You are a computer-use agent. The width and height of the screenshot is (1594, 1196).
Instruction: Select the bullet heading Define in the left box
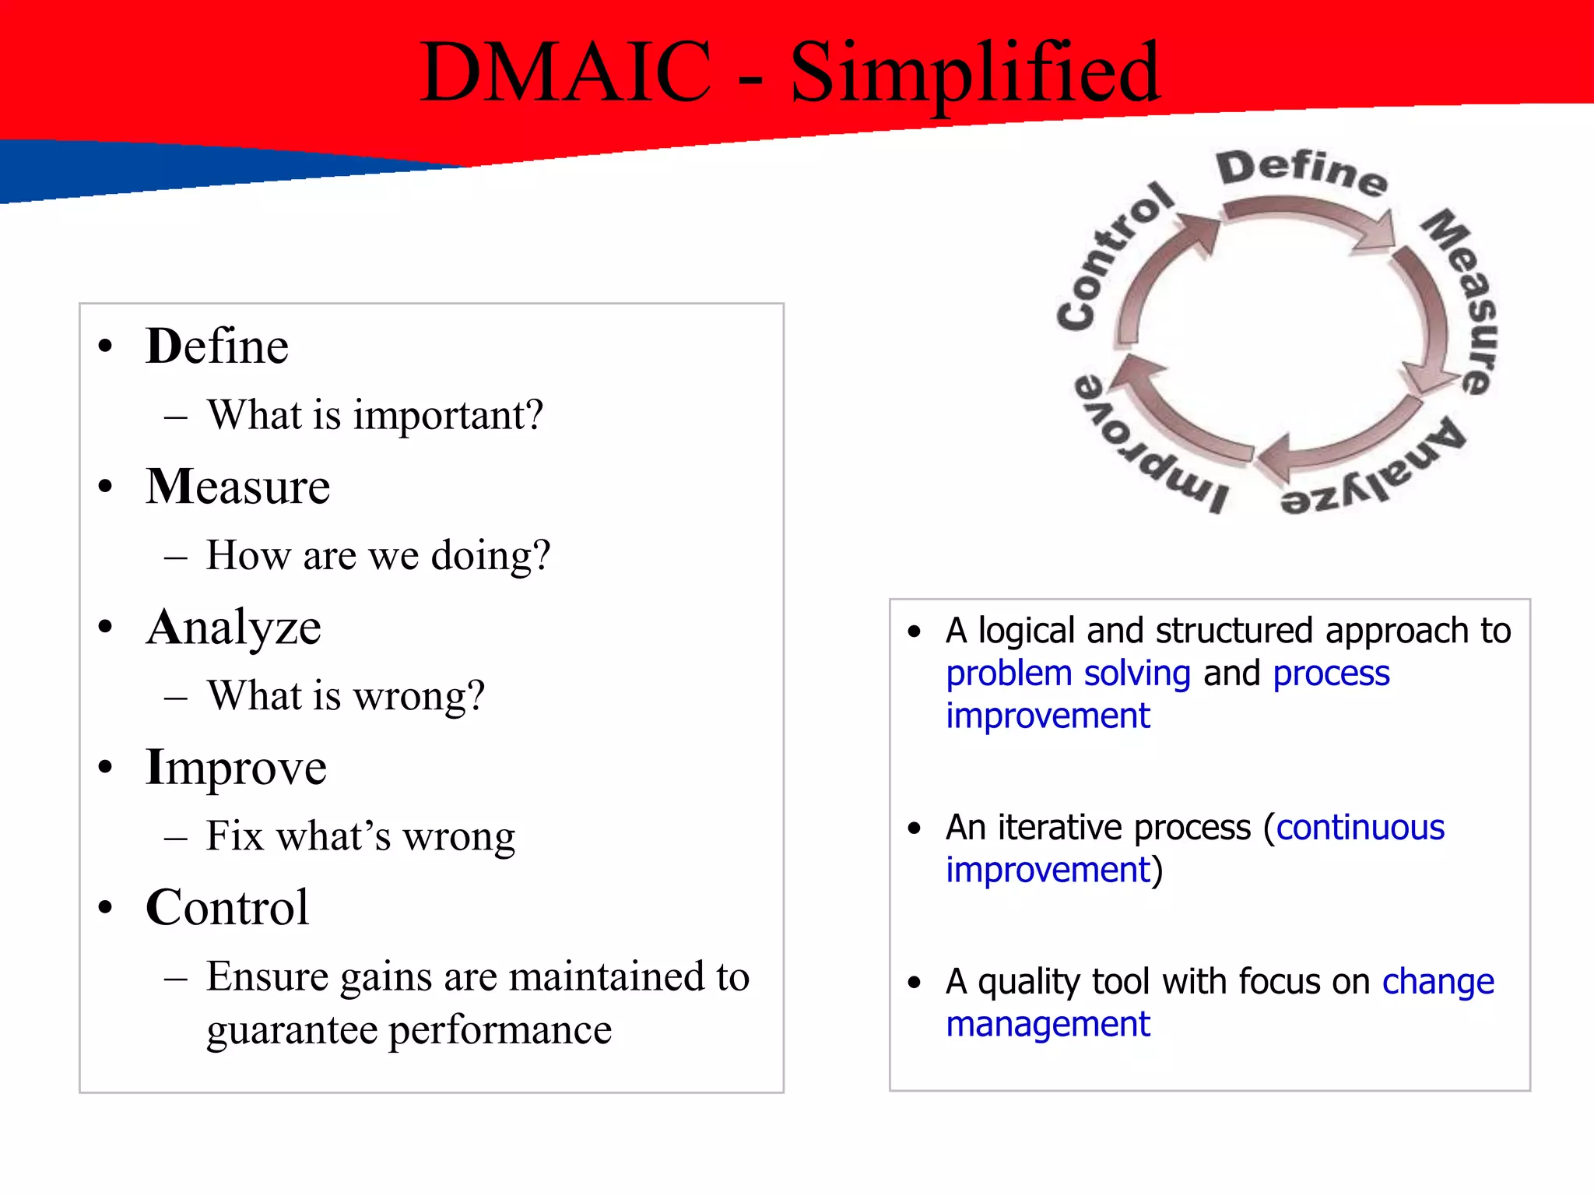point(217,346)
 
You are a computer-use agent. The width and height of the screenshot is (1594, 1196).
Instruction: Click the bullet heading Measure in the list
point(238,487)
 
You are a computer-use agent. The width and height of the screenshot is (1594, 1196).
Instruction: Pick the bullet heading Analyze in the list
point(233,628)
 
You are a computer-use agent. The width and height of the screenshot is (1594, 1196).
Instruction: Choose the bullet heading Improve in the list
point(236,768)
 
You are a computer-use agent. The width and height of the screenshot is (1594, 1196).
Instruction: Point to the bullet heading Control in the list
point(227,908)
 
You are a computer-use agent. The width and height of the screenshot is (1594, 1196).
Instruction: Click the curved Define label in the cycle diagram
point(1301,171)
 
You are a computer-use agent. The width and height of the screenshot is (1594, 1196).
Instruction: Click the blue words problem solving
point(1068,674)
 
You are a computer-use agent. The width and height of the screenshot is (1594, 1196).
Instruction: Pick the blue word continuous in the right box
point(1360,828)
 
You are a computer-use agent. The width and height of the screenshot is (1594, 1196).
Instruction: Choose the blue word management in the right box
point(1048,1025)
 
